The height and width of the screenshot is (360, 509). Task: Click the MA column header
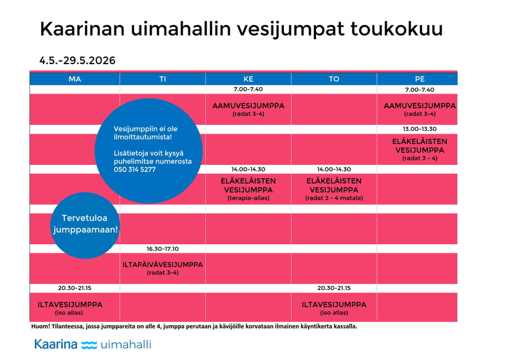pyautogui.click(x=75, y=79)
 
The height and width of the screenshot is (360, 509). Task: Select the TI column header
pyautogui.click(x=162, y=79)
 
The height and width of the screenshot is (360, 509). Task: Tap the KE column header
pyautogui.click(x=248, y=79)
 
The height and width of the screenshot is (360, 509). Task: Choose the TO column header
pyautogui.click(x=334, y=79)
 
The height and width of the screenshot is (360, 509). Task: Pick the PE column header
pyautogui.click(x=419, y=79)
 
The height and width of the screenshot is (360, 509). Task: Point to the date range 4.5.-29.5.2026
pyautogui.click(x=77, y=60)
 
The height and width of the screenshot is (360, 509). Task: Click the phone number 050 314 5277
pyautogui.click(x=135, y=170)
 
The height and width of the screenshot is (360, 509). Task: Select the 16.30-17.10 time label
pyautogui.click(x=162, y=249)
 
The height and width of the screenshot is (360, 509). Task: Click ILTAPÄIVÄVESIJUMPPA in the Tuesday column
pyautogui.click(x=163, y=264)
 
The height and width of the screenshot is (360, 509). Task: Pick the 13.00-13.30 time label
pyautogui.click(x=419, y=129)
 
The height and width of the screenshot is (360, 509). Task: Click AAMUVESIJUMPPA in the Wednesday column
pyautogui.click(x=248, y=105)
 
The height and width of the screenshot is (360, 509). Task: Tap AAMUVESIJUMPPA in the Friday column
pyautogui.click(x=419, y=105)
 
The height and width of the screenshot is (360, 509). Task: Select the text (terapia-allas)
pyautogui.click(x=248, y=198)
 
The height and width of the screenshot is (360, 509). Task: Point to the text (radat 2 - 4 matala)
pyautogui.click(x=334, y=198)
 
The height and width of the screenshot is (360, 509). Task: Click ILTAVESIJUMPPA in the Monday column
pyautogui.click(x=69, y=304)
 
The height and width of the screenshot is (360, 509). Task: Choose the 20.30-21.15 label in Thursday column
pyautogui.click(x=334, y=287)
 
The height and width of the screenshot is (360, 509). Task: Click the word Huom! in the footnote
pyautogui.click(x=41, y=326)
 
